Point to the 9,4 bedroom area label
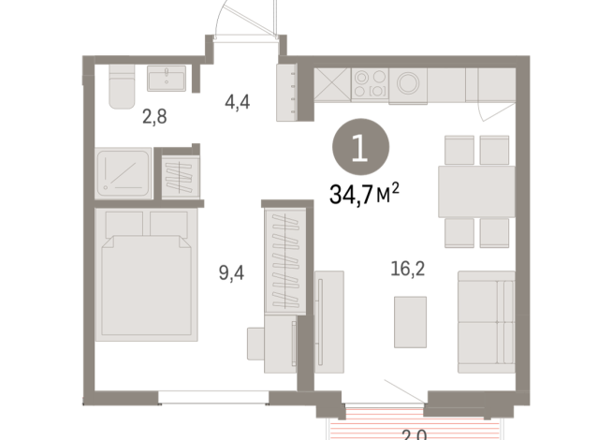click(228, 273)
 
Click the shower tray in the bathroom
click(123, 174)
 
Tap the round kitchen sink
click(409, 83)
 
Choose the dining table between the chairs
click(476, 191)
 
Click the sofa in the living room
click(487, 320)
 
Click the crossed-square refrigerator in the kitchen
click(332, 83)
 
